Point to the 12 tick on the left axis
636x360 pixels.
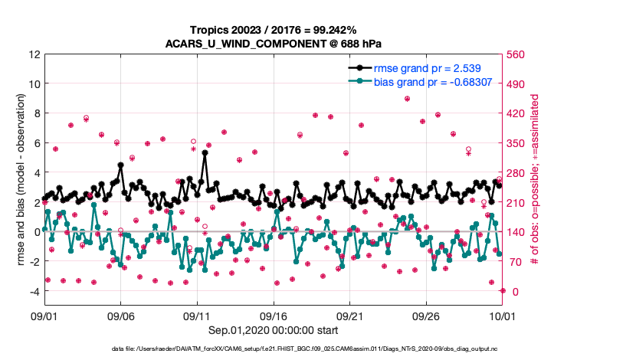click(x=34, y=54)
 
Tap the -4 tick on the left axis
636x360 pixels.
click(x=34, y=291)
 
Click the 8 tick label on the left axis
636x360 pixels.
click(x=37, y=113)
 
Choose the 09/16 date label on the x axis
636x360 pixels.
click(x=274, y=316)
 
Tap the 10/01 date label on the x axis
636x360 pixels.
click(x=502, y=316)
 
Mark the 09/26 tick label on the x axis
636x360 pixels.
click(x=426, y=316)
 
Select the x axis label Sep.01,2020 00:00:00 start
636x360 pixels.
click(x=274, y=332)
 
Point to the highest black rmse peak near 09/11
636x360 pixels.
click(x=205, y=152)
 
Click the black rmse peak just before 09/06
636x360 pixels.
click(x=121, y=165)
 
